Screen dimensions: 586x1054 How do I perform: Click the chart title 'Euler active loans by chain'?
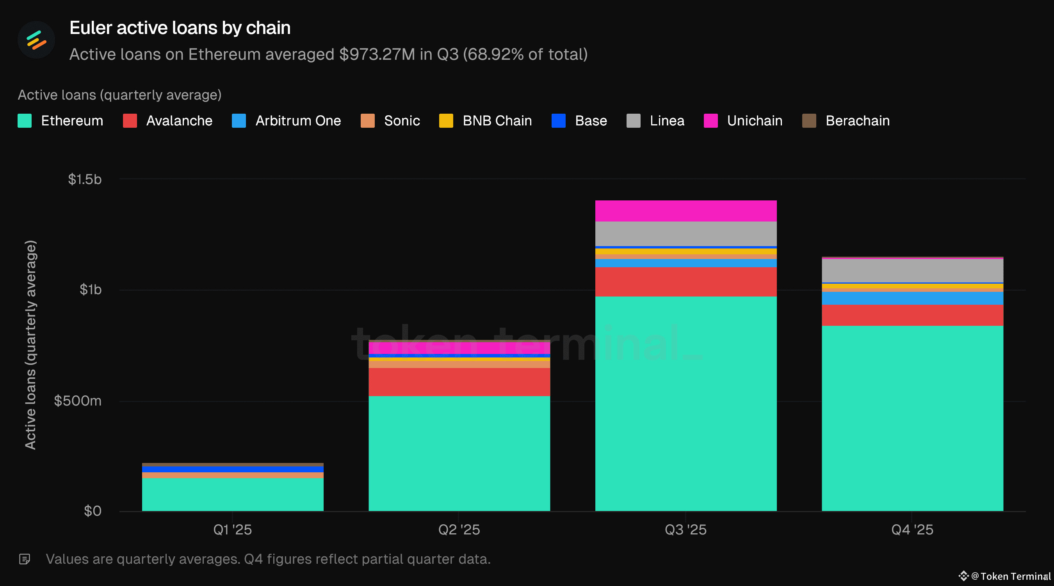[180, 28]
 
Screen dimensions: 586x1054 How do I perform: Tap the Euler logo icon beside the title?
[36, 40]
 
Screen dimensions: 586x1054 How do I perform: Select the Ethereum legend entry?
[61, 121]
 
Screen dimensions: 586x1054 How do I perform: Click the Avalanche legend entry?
[168, 121]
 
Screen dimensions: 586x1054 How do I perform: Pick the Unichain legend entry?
[743, 121]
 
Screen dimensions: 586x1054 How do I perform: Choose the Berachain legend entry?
[846, 121]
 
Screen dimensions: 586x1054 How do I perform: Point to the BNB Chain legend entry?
[486, 121]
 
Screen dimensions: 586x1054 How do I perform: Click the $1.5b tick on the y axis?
[85, 179]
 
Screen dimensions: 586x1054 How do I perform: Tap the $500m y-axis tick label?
[78, 400]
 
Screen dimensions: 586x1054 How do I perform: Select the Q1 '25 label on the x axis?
[232, 529]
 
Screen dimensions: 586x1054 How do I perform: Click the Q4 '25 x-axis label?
[912, 529]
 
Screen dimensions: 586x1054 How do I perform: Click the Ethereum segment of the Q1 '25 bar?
[232, 494]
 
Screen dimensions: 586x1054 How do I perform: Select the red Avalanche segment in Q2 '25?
[459, 382]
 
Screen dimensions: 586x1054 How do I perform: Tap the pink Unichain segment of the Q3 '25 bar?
[686, 211]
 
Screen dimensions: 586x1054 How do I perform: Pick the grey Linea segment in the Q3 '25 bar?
[686, 233]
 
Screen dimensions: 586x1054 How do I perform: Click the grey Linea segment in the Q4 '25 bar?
[912, 270]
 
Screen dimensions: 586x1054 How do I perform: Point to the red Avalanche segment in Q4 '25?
[912, 315]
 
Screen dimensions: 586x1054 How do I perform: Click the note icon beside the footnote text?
[25, 559]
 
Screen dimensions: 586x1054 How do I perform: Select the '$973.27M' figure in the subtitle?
[377, 54]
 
